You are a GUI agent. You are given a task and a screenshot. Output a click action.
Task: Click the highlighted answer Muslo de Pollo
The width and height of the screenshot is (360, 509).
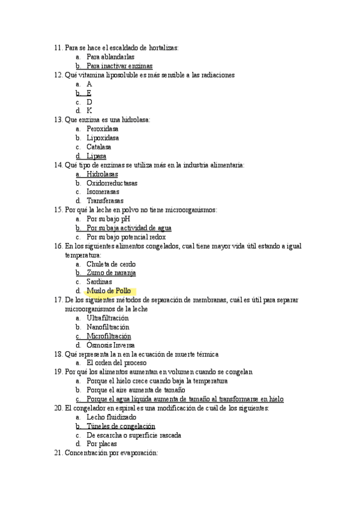109,291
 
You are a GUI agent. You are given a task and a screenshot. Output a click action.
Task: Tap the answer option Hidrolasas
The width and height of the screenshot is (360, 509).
102,174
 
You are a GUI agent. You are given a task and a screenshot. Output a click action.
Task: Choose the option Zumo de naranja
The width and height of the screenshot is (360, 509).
111,273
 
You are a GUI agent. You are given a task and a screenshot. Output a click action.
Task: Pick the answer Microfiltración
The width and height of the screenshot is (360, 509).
109,336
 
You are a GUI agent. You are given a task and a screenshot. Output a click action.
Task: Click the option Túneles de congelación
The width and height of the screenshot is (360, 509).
116,426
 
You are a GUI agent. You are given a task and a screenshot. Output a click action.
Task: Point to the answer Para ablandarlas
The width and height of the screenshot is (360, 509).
110,57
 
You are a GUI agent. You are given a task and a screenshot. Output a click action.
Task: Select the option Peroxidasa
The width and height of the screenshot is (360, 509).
103,129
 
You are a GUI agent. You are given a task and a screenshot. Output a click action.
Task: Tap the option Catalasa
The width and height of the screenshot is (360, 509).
98,147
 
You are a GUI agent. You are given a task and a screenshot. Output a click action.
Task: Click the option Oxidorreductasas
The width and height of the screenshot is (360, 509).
112,183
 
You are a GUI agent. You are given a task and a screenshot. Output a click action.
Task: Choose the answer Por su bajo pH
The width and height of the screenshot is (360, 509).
108,219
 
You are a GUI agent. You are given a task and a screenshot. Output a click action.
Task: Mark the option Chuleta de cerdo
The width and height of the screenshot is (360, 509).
111,264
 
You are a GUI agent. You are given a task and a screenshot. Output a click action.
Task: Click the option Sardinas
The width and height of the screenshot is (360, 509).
99,282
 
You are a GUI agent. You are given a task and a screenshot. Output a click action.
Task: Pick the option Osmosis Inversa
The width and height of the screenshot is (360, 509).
110,345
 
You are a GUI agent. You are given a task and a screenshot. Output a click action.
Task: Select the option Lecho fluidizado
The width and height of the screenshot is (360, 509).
112,417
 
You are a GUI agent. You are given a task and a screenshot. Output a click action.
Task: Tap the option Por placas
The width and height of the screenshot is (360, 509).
101,444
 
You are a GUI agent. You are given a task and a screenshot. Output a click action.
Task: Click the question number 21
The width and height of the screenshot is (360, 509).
58,453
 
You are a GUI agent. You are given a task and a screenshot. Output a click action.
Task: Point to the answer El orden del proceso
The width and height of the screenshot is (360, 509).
116,363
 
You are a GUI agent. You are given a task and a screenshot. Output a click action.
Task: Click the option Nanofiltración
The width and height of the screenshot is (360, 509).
107,327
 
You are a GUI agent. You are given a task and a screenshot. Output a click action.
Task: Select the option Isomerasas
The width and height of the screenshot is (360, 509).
103,192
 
